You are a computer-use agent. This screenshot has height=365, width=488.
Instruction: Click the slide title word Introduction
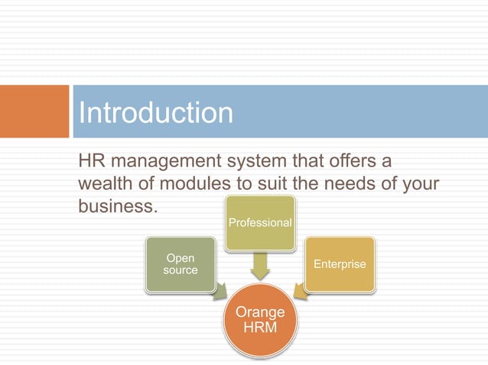click(x=156, y=113)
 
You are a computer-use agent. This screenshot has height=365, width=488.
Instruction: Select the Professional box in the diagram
click(x=260, y=223)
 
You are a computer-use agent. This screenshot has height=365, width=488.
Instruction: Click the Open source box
click(x=181, y=264)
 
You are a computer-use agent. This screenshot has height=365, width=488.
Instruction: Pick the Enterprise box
click(x=340, y=264)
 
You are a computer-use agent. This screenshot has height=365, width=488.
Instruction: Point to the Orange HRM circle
click(x=260, y=319)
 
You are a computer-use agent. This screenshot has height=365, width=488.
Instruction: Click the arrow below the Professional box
click(x=260, y=264)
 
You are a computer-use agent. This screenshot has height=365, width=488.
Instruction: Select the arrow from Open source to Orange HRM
click(x=220, y=291)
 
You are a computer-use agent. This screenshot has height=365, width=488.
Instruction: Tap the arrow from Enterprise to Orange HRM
click(x=300, y=291)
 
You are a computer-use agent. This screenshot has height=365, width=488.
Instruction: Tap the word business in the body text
click(x=115, y=207)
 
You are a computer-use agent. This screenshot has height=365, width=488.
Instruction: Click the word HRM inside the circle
click(x=260, y=327)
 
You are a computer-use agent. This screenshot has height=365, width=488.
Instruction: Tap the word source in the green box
click(x=181, y=270)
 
